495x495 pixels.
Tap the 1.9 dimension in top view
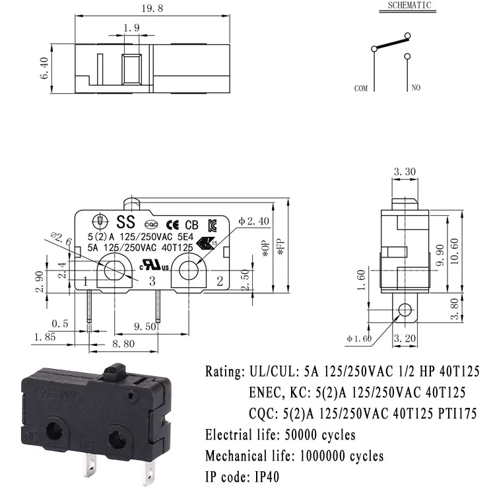131,28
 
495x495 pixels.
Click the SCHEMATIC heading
409,5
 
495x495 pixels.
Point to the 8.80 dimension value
123,344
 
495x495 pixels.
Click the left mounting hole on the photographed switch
54,430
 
